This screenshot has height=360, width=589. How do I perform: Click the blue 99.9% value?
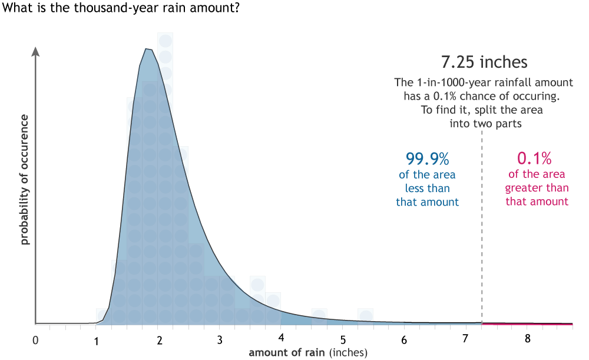427,158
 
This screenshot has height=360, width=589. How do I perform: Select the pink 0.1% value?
534,158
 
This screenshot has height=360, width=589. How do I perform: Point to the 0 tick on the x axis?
36,340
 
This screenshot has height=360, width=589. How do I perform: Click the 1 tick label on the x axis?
97,340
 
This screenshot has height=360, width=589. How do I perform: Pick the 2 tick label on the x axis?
159,340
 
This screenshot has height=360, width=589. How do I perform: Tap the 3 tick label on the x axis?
220,340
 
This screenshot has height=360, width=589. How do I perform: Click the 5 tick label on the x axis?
343,340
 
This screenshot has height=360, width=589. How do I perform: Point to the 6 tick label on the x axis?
404,340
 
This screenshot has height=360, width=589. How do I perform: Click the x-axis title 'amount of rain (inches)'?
308,352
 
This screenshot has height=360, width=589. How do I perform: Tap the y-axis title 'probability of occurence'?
25,180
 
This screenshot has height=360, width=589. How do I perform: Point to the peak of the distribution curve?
148,49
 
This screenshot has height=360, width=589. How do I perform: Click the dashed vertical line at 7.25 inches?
482,236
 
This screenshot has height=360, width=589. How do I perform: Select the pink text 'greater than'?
537,188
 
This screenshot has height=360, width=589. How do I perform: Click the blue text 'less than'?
427,189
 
